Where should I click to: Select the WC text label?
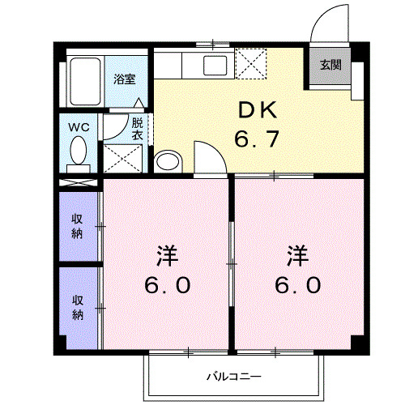[79, 127]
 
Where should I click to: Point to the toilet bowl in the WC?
[79, 151]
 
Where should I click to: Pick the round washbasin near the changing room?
[166, 161]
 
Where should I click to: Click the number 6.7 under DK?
[257, 139]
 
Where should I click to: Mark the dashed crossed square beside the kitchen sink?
[250, 63]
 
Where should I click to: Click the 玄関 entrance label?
[329, 66]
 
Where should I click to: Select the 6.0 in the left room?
[168, 285]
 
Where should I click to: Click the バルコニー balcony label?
[232, 376]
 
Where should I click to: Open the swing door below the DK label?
[207, 158]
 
